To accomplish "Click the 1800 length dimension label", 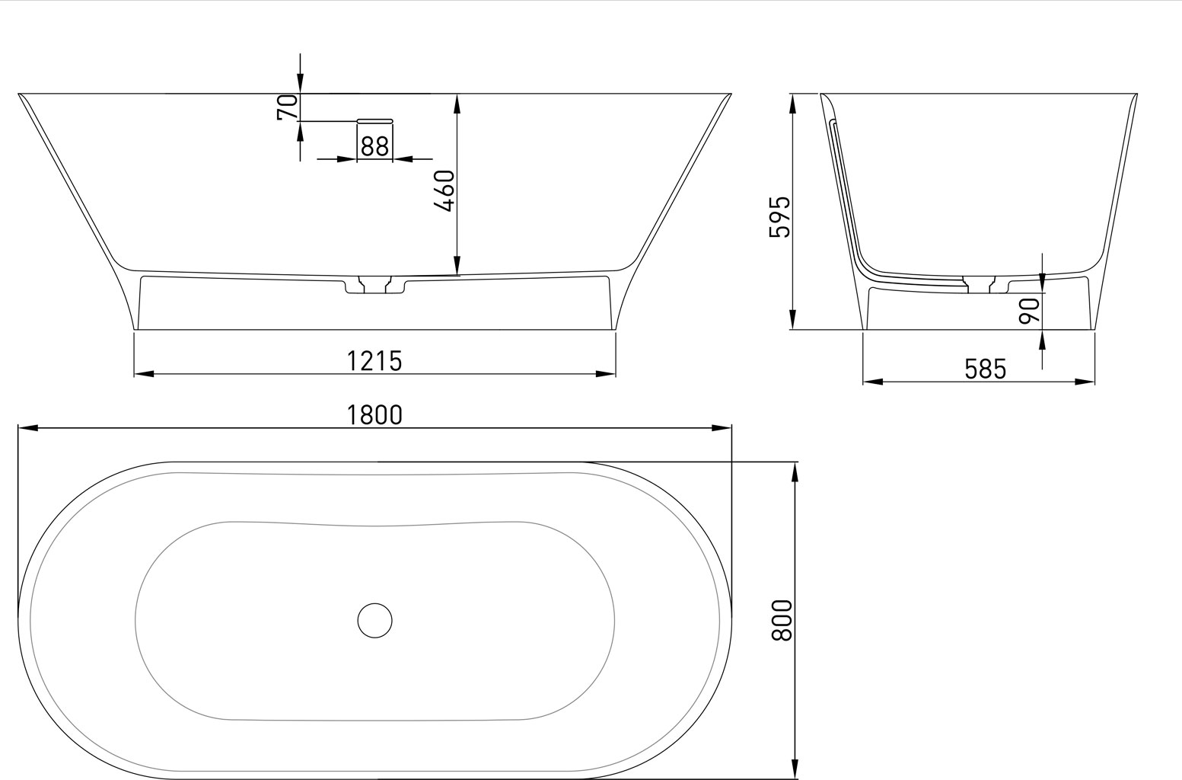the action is pos(374,415).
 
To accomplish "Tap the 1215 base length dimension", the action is pos(374,361).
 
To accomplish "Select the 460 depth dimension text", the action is pos(447,190).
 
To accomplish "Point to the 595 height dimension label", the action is pos(780,216).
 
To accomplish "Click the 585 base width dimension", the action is pos(985,369).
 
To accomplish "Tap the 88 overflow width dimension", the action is pos(374,146).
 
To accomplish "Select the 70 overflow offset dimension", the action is pos(288,107).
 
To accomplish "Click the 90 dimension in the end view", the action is pos(1030,311).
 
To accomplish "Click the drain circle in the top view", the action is pos(374,621).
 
